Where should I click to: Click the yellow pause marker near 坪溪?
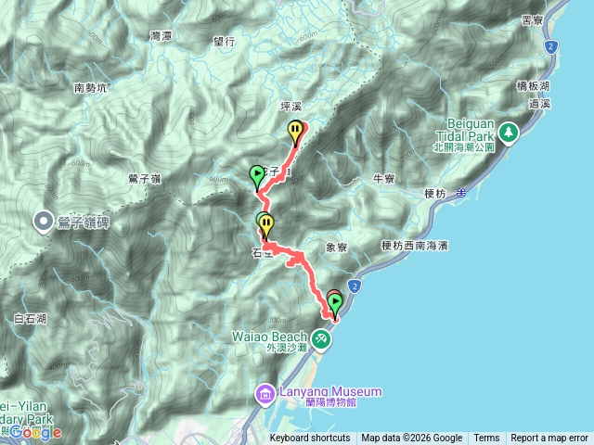(x=296, y=131)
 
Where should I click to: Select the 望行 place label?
(x=225, y=42)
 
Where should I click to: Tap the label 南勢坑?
(x=91, y=89)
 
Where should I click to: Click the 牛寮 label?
(x=383, y=178)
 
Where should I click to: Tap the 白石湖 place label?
(x=31, y=318)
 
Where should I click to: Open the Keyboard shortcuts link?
(x=310, y=439)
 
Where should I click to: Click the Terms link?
(x=486, y=439)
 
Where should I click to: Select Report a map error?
(x=549, y=439)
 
